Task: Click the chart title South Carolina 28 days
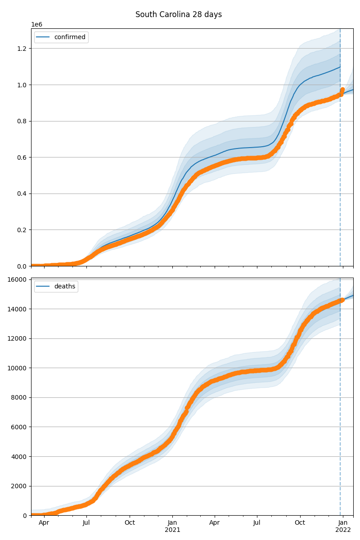[179, 14]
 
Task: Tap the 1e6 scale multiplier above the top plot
[37, 24]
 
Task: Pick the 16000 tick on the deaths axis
[18, 279]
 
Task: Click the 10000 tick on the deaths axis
[18, 368]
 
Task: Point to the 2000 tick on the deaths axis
[20, 486]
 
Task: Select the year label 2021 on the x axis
[172, 530]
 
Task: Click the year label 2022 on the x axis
[343, 530]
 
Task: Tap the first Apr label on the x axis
[44, 522]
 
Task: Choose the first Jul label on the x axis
[86, 522]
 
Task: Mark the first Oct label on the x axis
[130, 522]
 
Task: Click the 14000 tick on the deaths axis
[18, 309]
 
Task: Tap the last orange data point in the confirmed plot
[342, 90]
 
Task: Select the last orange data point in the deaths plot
[342, 300]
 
